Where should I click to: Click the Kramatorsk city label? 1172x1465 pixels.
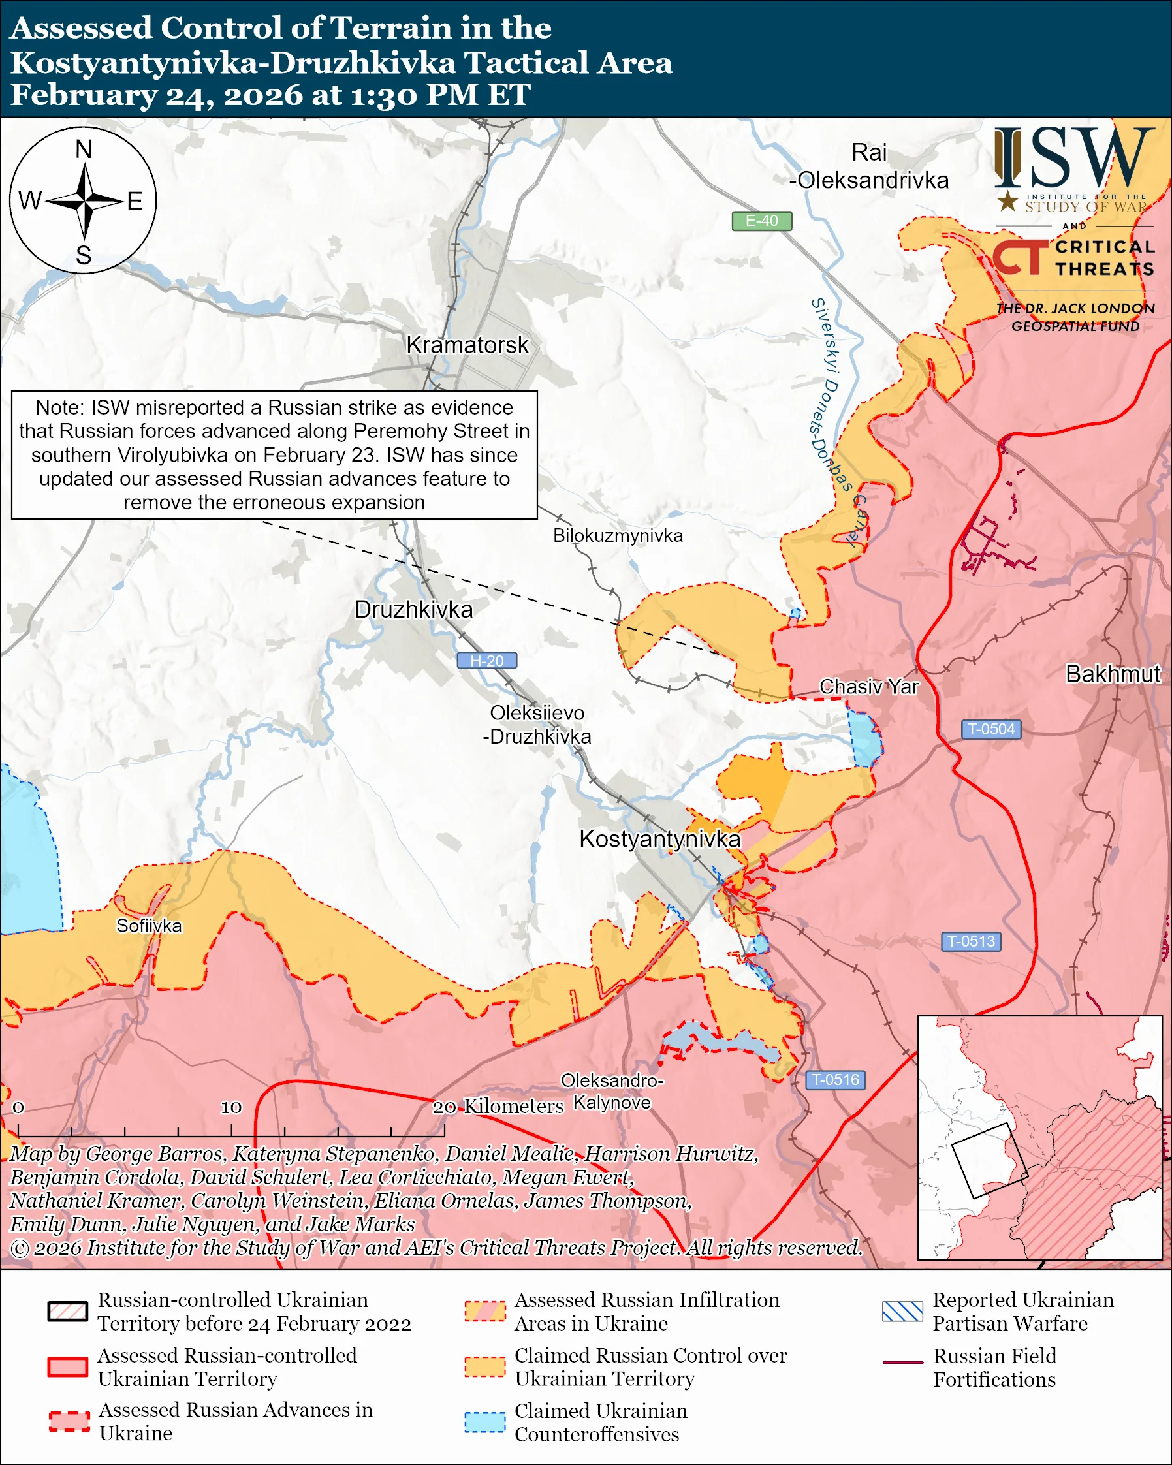click(467, 345)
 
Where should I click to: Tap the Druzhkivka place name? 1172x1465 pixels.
click(413, 610)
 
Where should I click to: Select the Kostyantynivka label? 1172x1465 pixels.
click(659, 839)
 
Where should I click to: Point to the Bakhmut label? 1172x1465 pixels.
click(1113, 674)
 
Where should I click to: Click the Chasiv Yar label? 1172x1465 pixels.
click(868, 687)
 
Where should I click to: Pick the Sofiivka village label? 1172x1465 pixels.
click(149, 926)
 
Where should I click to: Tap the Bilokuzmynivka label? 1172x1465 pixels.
click(618, 535)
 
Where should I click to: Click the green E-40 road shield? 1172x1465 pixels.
click(761, 221)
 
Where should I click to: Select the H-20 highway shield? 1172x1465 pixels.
click(486, 661)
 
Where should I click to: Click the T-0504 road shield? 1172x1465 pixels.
click(990, 729)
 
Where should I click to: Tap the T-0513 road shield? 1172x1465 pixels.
click(970, 941)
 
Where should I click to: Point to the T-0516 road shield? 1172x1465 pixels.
click(835, 1080)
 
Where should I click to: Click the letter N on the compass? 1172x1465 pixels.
click(84, 150)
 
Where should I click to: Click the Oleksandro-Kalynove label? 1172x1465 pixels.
click(612, 1092)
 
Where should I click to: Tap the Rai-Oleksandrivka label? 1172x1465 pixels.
click(869, 166)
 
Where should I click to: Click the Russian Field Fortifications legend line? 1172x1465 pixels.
click(902, 1363)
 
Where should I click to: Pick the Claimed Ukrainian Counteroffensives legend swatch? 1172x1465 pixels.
click(484, 1422)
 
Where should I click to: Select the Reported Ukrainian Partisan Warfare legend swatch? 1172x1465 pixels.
click(902, 1312)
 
